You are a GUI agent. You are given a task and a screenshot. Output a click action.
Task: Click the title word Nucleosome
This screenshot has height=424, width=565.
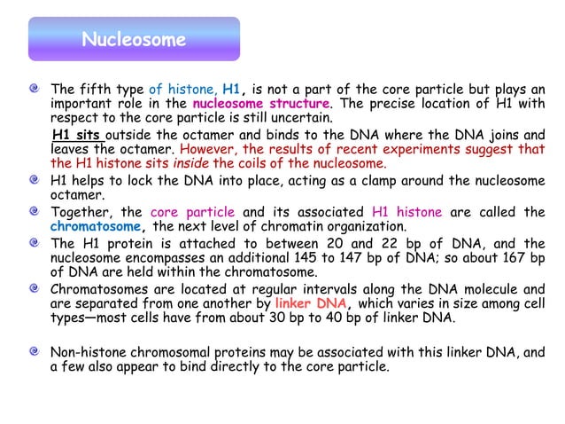point(133,40)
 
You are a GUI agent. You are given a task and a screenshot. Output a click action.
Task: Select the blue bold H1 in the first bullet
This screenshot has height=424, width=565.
point(232,89)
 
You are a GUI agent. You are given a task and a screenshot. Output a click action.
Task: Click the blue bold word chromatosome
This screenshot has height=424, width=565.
point(88,226)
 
